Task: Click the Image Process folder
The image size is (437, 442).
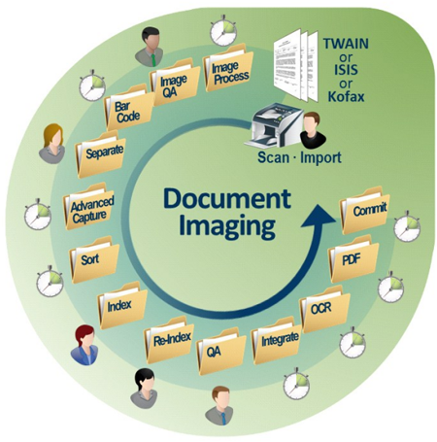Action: (228, 69)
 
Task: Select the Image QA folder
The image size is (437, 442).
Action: (174, 83)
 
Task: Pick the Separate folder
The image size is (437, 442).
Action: (101, 153)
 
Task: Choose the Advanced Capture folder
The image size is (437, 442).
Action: (89, 207)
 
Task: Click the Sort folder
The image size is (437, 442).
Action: (94, 260)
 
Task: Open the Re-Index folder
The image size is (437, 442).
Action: (169, 340)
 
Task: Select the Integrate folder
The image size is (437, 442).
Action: (277, 341)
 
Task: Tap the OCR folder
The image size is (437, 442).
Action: (325, 309)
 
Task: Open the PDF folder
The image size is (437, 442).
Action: (353, 259)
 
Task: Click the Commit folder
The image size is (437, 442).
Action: (364, 211)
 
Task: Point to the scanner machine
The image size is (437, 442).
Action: (274, 125)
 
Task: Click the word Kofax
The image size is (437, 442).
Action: (346, 96)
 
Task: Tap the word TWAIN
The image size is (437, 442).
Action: (346, 44)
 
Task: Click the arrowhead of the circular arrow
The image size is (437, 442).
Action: (319, 217)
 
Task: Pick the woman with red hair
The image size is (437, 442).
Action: (84, 345)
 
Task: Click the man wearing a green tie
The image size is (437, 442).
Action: (150, 47)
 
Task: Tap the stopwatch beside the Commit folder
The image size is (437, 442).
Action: (407, 226)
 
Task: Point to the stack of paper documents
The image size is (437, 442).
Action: (296, 65)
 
